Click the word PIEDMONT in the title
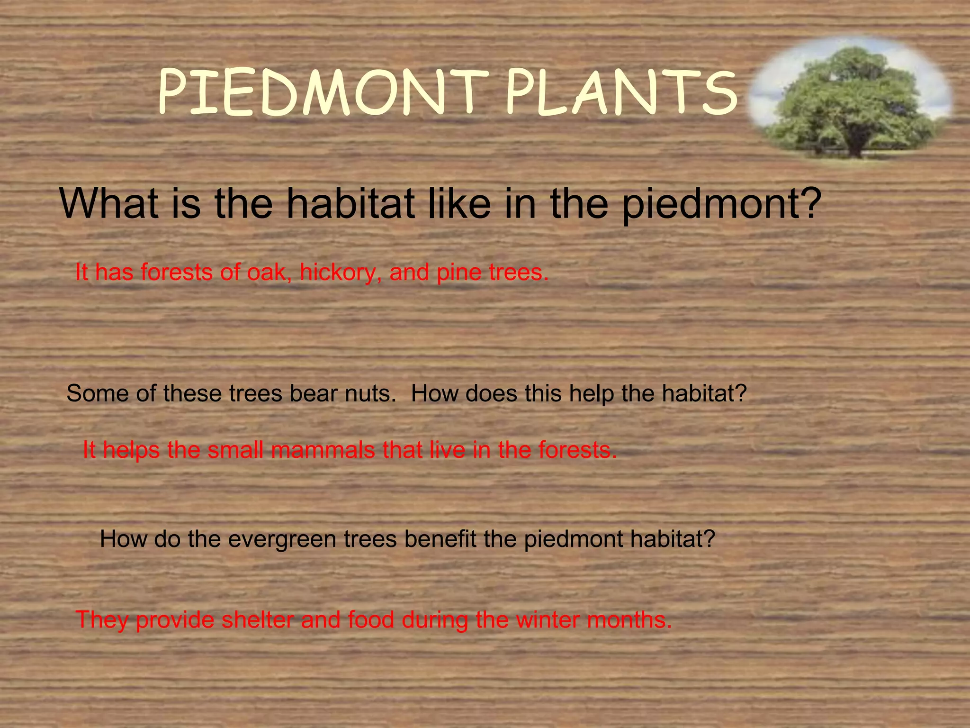point(322,92)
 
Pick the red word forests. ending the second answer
point(578,450)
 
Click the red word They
point(102,620)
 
